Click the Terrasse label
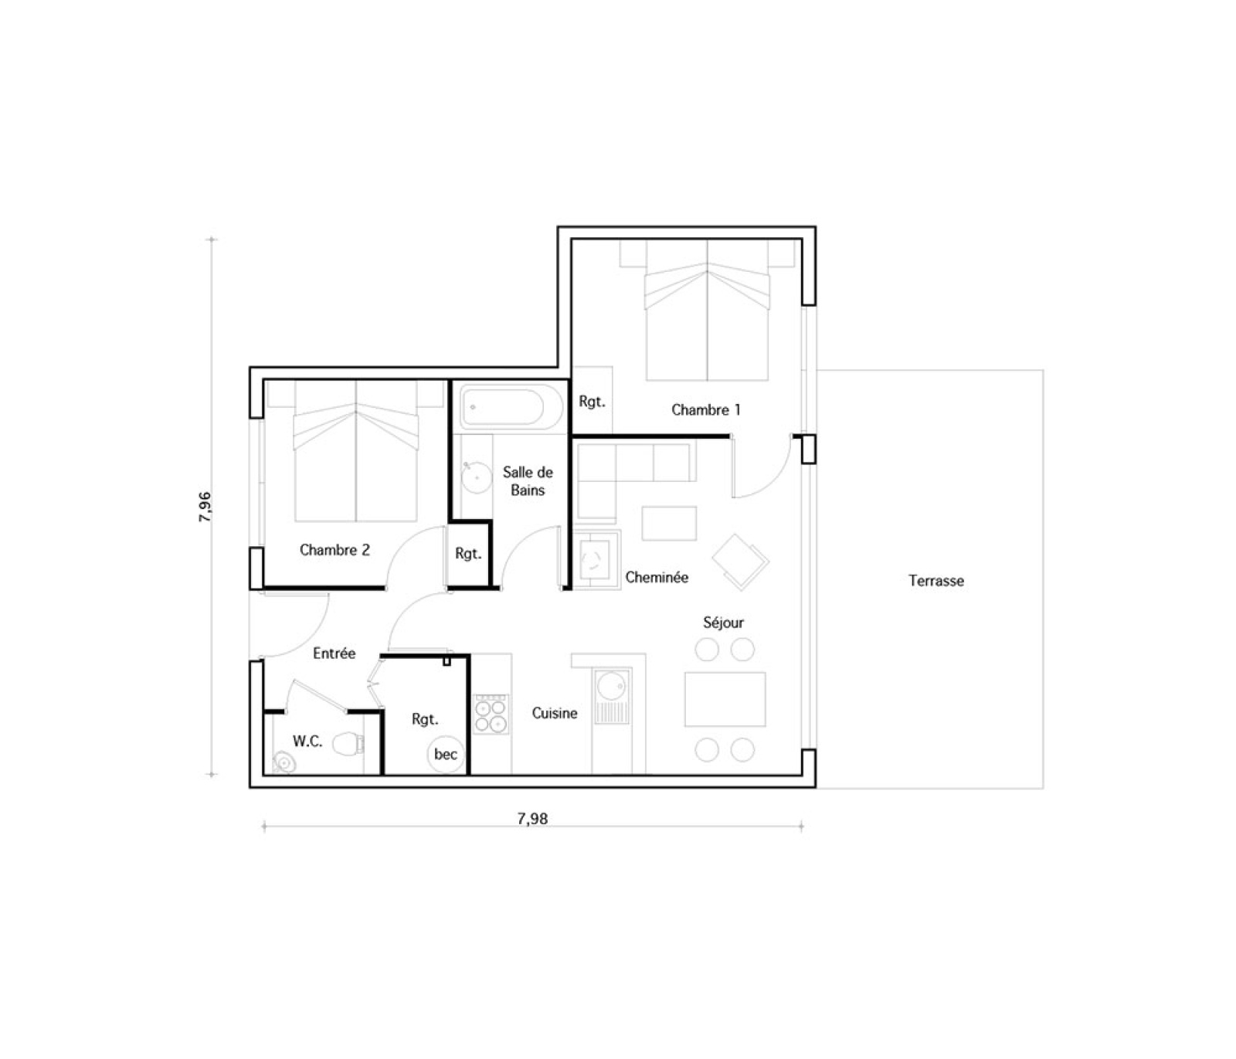(935, 581)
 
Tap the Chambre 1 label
(705, 409)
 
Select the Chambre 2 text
(334, 550)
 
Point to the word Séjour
(723, 622)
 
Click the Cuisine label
(555, 713)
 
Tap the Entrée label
(334, 653)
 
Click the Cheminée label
(657, 577)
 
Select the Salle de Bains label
(528, 480)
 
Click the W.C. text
(307, 741)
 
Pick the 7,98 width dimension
(532, 818)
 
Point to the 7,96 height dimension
(205, 507)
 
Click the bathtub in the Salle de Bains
(511, 406)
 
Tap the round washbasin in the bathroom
(476, 477)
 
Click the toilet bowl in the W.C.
(349, 744)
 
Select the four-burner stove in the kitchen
(491, 714)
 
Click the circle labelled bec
(446, 754)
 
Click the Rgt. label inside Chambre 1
(592, 402)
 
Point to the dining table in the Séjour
(725, 699)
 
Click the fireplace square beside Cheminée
(596, 559)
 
